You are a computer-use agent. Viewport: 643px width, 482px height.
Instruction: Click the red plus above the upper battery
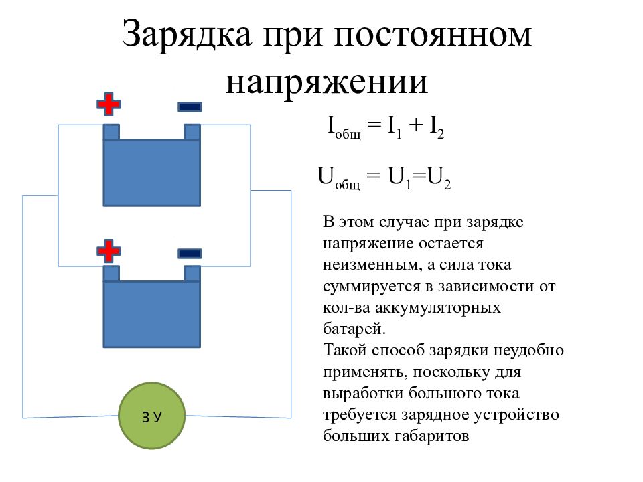tap(109, 104)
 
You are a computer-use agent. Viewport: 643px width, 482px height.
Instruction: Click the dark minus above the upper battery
tap(190, 107)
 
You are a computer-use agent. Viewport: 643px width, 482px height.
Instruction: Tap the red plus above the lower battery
tap(109, 251)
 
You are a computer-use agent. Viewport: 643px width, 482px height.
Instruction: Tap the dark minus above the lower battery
tap(190, 253)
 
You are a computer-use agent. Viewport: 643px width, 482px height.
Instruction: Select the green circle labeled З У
tap(152, 416)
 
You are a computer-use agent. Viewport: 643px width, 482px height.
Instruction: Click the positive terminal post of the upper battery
tap(111, 132)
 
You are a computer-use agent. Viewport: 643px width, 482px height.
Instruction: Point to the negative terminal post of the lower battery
tap(192, 273)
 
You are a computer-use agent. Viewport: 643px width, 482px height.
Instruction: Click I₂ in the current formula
tap(436, 127)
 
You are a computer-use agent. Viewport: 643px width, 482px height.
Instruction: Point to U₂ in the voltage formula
tap(438, 178)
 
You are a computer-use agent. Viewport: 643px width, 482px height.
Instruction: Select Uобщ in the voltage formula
tap(339, 178)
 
